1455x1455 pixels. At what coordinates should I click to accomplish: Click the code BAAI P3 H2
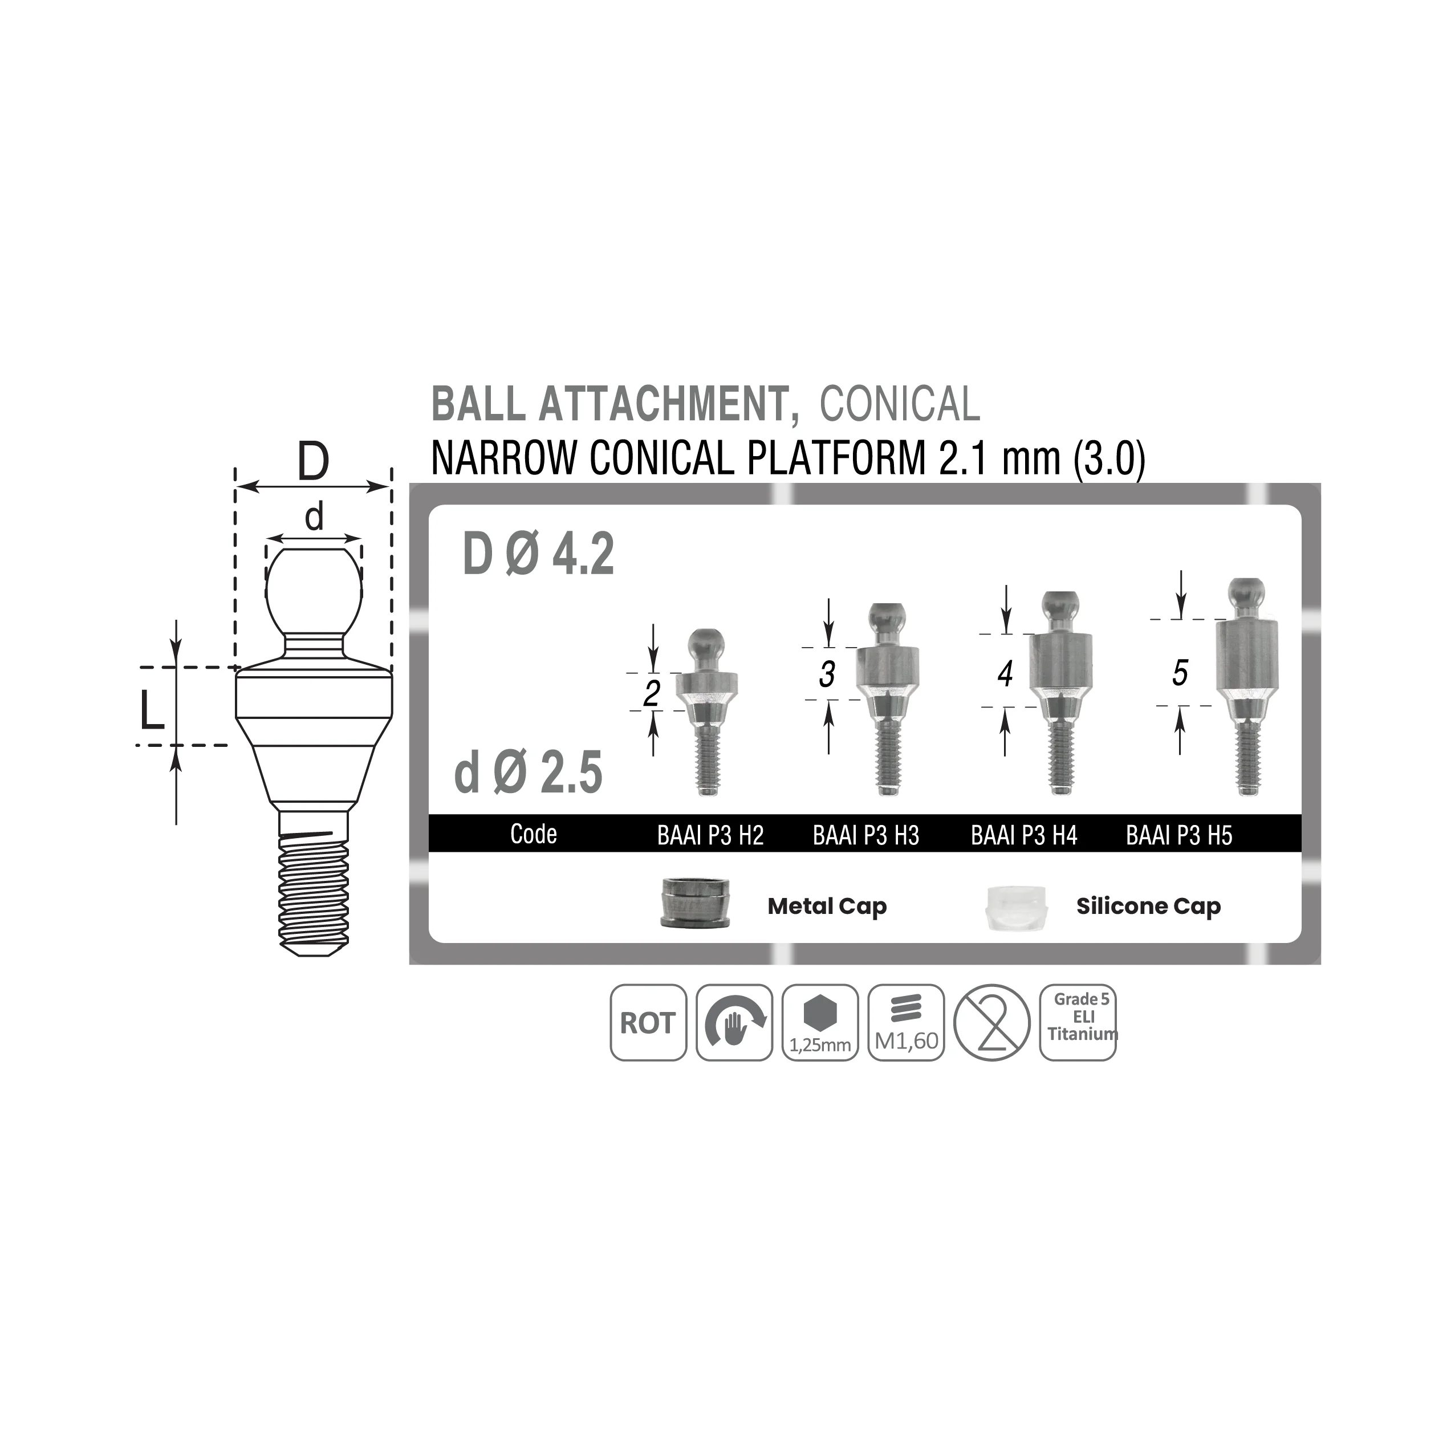[710, 835]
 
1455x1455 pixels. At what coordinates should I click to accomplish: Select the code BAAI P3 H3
[866, 835]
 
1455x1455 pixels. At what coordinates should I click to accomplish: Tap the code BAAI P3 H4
[1023, 835]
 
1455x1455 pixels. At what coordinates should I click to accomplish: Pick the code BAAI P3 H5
[1178, 835]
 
